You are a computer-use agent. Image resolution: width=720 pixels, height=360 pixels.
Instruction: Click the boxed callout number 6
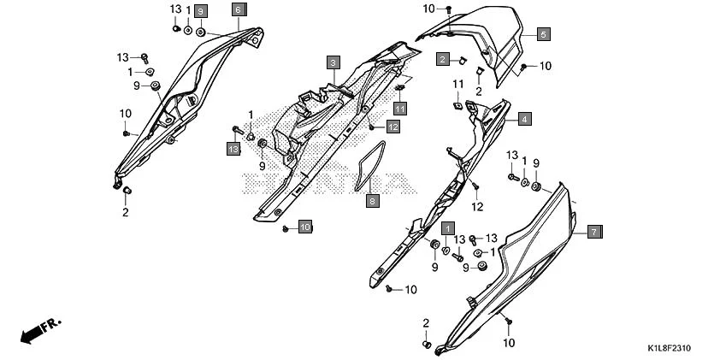[238, 10]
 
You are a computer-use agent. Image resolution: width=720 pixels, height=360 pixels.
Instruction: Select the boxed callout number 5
[544, 35]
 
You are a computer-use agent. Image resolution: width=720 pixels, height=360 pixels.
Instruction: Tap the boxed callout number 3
[333, 62]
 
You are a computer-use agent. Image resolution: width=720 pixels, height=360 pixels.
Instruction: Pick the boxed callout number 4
[523, 119]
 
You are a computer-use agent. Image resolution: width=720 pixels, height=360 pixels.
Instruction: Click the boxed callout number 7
[595, 232]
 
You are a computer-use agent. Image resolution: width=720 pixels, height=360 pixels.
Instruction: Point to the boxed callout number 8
[372, 202]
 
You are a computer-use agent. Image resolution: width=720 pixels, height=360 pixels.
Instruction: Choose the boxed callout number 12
[392, 127]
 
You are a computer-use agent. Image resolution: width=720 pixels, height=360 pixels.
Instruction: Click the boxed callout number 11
[399, 108]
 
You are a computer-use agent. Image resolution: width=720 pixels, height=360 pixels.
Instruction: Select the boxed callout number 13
[233, 150]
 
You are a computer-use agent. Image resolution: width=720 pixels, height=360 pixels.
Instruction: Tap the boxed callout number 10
[304, 227]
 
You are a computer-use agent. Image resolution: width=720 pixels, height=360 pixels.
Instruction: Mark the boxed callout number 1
[446, 229]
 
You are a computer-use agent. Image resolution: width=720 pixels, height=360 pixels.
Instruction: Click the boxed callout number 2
[443, 59]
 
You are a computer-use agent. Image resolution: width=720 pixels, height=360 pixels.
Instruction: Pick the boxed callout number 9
[200, 11]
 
